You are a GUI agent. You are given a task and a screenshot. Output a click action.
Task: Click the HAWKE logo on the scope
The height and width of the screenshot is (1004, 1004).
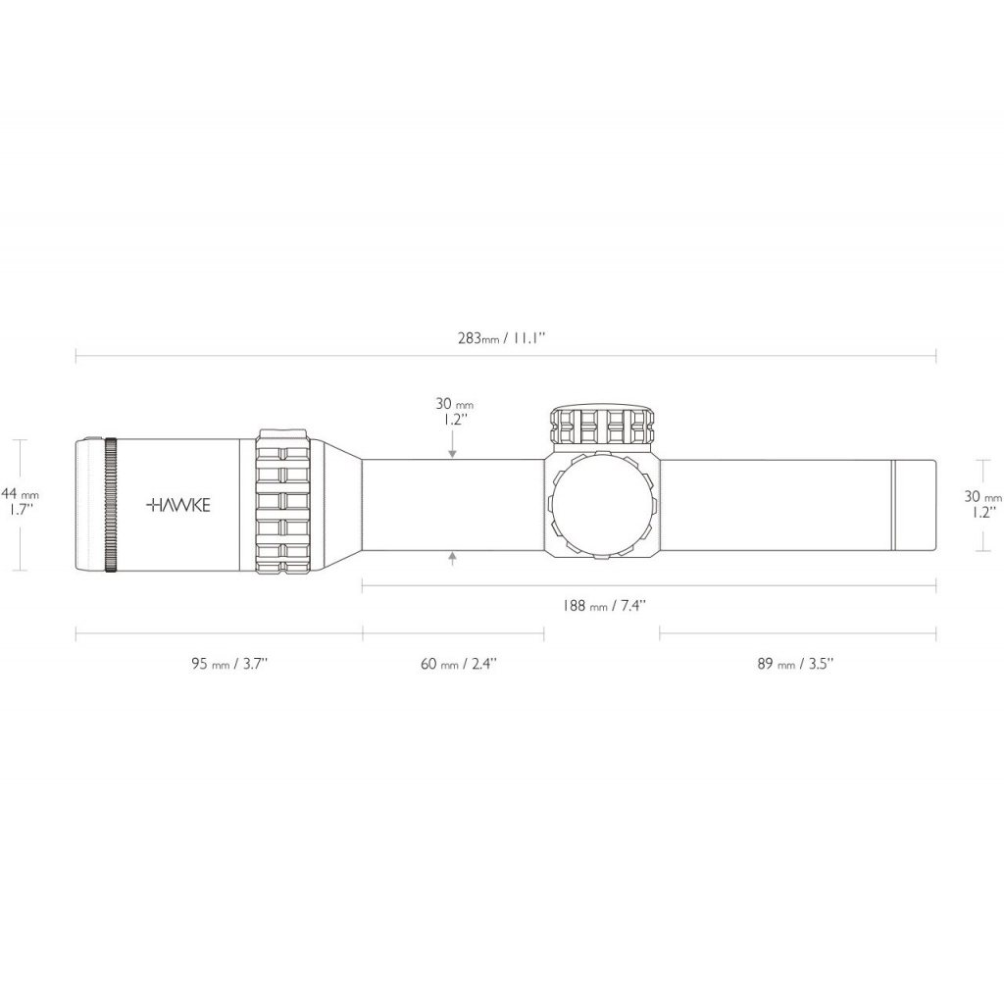pyautogui.click(x=177, y=505)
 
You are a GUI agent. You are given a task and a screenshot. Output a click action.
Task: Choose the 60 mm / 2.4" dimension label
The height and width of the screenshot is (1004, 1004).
pyautogui.click(x=459, y=664)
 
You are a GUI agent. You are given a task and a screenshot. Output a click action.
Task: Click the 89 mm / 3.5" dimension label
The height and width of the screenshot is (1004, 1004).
pyautogui.click(x=795, y=664)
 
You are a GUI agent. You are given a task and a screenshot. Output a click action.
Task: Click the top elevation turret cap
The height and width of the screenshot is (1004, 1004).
pyautogui.click(x=601, y=424)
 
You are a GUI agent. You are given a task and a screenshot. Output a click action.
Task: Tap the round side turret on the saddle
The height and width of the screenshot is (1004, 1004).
pyautogui.click(x=601, y=505)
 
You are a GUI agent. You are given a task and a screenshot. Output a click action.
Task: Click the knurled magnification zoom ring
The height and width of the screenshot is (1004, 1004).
pyautogui.click(x=284, y=504)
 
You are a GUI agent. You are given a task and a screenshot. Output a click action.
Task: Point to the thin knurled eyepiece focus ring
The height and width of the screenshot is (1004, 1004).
pyautogui.click(x=111, y=504)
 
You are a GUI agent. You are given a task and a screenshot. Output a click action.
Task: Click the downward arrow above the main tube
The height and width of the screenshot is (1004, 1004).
pyautogui.click(x=452, y=452)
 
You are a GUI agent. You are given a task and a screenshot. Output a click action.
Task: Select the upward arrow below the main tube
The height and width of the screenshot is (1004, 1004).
pyautogui.click(x=452, y=558)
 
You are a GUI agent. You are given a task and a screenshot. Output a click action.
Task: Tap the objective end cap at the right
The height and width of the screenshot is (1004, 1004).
pyautogui.click(x=914, y=504)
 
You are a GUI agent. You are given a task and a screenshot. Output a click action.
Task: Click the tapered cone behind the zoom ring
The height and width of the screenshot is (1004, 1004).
pyautogui.click(x=338, y=504)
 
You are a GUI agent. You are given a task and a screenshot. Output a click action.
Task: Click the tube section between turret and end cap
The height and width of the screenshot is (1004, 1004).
pyautogui.click(x=775, y=504)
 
